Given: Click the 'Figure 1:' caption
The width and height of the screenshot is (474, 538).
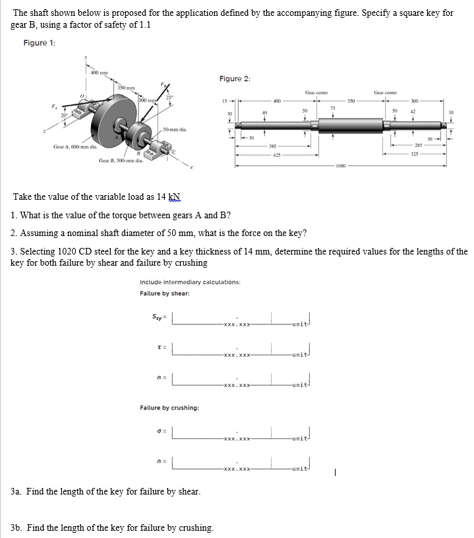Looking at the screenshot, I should [x=39, y=43].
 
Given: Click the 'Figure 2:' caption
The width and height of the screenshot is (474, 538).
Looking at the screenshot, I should [x=235, y=78].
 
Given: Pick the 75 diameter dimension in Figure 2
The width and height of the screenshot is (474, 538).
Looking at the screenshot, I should [x=332, y=107].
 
